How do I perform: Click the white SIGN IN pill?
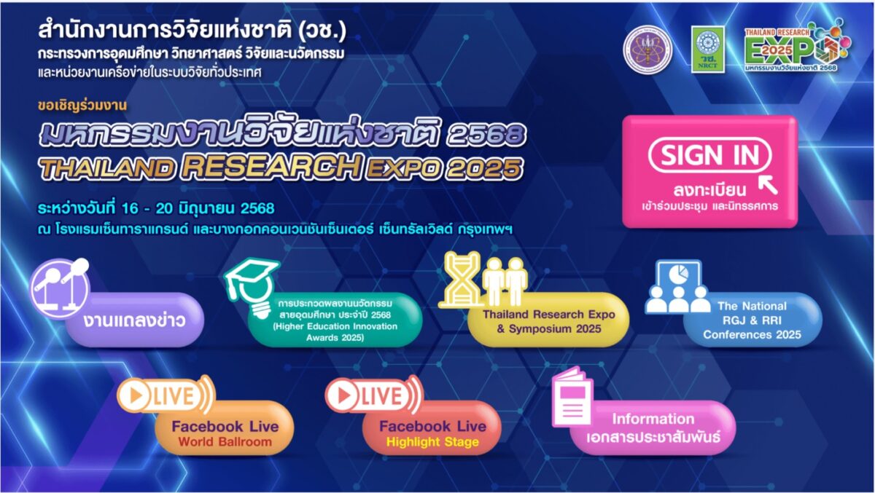(709, 155)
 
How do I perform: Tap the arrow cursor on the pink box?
(768, 185)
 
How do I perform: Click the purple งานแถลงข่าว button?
(135, 320)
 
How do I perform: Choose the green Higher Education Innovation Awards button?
(335, 320)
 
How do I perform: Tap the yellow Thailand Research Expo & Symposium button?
(548, 320)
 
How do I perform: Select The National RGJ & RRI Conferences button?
(752, 320)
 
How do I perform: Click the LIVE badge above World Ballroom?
(166, 395)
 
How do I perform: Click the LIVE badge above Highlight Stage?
(374, 395)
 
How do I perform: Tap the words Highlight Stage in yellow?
(432, 442)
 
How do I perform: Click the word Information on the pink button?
(653, 419)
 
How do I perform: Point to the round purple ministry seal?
(647, 50)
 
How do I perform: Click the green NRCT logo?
(708, 49)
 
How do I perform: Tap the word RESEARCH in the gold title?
(271, 167)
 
